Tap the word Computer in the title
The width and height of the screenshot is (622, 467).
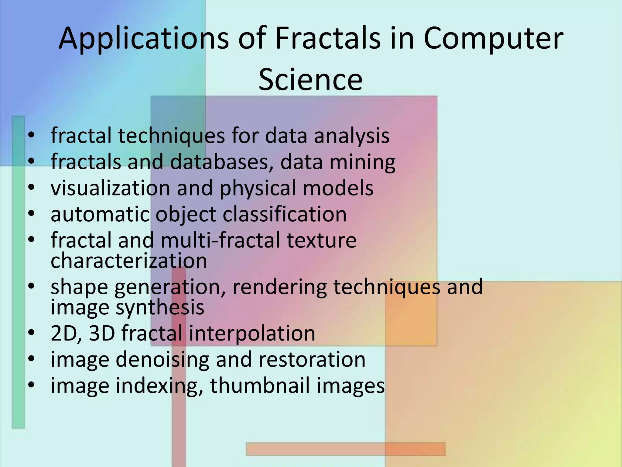tap(493, 39)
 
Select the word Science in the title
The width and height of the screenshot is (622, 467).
tap(310, 80)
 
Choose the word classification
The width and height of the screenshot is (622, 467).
tap(285, 214)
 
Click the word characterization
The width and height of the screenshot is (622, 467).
tap(129, 261)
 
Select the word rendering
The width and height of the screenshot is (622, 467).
tap(280, 287)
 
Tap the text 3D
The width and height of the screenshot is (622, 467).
tap(102, 333)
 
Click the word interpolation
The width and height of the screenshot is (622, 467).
tap(252, 333)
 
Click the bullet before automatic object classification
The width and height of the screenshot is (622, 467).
tap(31, 214)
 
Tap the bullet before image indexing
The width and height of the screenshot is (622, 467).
tap(31, 386)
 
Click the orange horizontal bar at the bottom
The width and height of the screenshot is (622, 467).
tap(346, 449)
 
